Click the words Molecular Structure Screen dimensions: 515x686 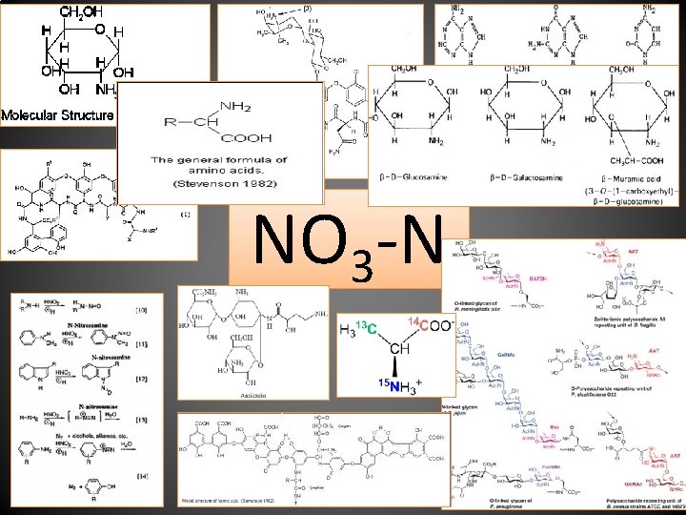coord(57,115)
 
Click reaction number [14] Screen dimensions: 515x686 coord(143,474)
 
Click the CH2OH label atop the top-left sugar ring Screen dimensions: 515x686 coord(83,12)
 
